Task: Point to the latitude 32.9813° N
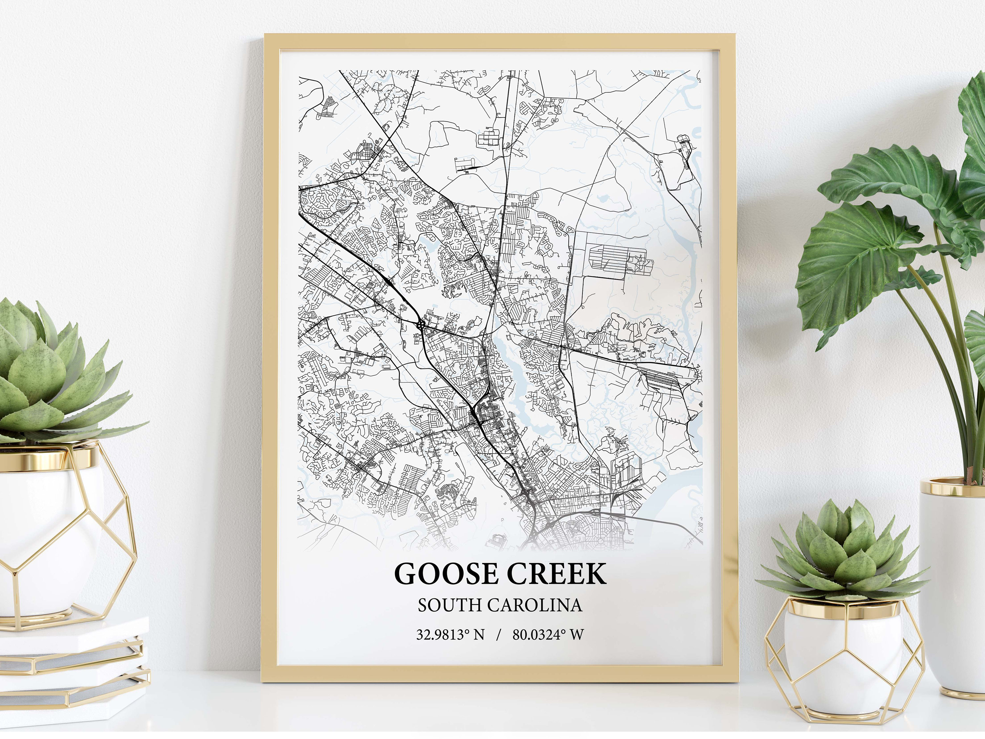click(x=450, y=634)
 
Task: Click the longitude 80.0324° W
click(x=548, y=634)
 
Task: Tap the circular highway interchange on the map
click(x=420, y=324)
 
